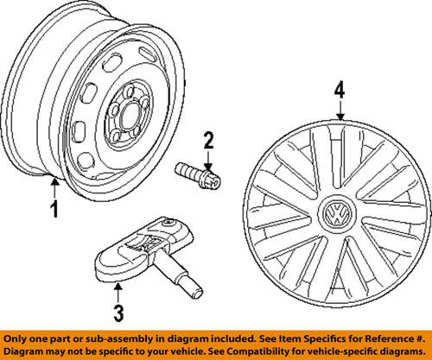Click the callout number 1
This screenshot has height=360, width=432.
tap(54, 207)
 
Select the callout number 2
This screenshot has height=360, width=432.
tap(207, 139)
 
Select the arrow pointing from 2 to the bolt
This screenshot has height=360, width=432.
tap(207, 157)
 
